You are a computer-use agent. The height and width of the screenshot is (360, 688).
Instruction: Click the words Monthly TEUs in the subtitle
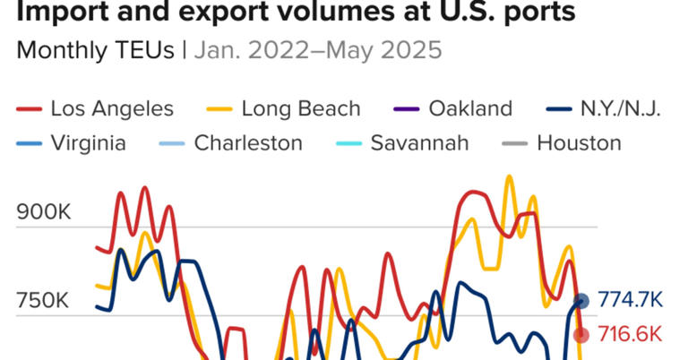coord(95,50)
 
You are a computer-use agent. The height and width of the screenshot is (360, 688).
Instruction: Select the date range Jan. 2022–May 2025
coord(317,50)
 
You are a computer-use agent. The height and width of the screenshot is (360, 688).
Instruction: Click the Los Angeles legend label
coord(112,109)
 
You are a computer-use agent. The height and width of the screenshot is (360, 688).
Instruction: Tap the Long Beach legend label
coord(301,109)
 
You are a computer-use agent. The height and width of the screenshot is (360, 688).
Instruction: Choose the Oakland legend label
coord(470,109)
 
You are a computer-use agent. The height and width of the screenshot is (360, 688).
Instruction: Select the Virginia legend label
coord(89,142)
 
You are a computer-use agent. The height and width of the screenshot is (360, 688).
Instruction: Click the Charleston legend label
coord(248,142)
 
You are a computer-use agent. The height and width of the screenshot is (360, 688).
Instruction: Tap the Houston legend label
coord(579,142)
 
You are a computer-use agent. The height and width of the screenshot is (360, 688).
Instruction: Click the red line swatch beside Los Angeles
coord(30,110)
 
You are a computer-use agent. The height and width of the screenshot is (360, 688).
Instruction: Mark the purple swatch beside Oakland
coord(407,110)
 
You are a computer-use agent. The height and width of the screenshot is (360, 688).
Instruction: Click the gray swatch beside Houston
coord(515,143)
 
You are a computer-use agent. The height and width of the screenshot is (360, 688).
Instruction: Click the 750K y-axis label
coord(44,300)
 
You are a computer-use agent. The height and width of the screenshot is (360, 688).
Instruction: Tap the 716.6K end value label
coord(631,335)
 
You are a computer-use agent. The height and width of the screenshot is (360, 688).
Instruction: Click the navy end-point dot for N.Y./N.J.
coord(580,301)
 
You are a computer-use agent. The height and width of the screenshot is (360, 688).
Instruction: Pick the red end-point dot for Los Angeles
coord(580,335)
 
